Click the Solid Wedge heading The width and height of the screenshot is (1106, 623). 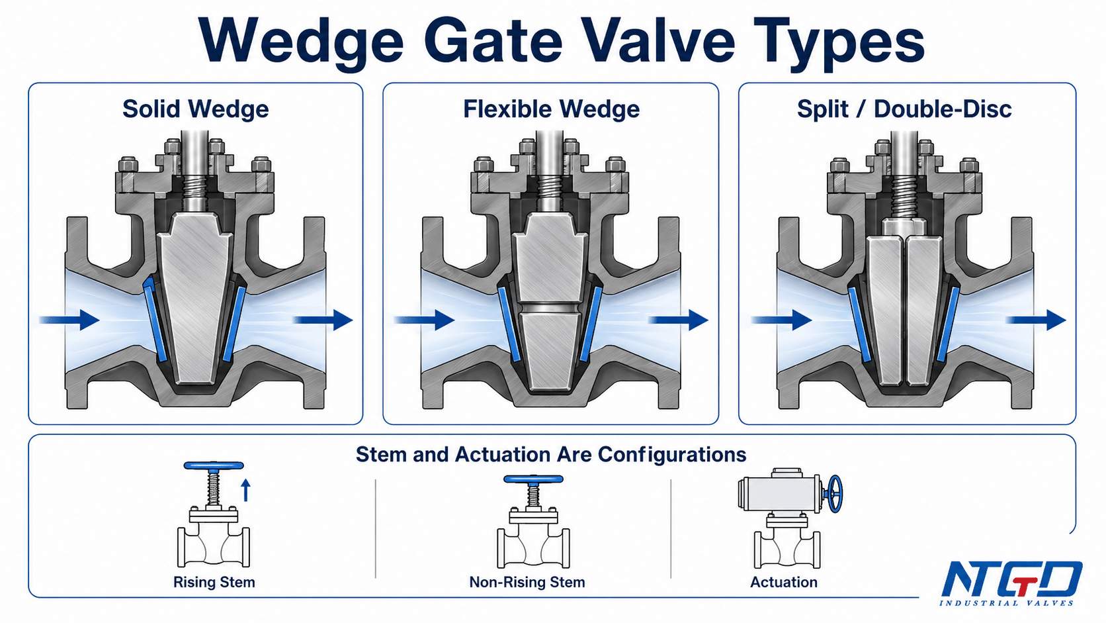[196, 109]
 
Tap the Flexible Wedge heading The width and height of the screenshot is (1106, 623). [551, 109]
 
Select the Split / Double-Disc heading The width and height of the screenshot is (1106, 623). [904, 109]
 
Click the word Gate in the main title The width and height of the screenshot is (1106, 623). [493, 40]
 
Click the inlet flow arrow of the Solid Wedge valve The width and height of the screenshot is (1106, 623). [69, 320]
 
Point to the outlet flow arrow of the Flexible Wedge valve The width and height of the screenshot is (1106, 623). [679, 320]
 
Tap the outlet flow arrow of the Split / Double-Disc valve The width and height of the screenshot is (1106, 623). [1035, 320]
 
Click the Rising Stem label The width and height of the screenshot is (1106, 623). [214, 582]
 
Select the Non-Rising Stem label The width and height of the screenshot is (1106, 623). [527, 582]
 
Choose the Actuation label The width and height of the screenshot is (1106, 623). [784, 582]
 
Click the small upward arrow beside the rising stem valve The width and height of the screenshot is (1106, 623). [246, 490]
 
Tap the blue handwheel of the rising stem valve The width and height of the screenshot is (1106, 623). [214, 466]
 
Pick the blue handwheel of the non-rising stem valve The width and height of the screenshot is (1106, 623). [533, 479]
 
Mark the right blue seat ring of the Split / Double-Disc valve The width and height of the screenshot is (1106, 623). [947, 324]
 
